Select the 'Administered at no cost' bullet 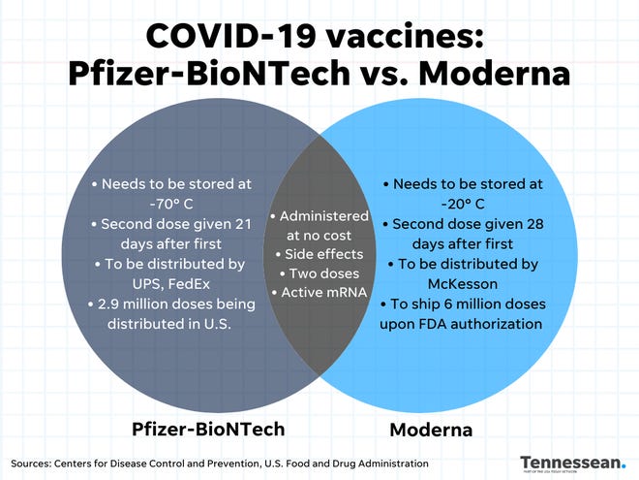point(319,226)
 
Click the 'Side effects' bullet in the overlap point(319,254)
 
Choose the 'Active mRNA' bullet point(319,293)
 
